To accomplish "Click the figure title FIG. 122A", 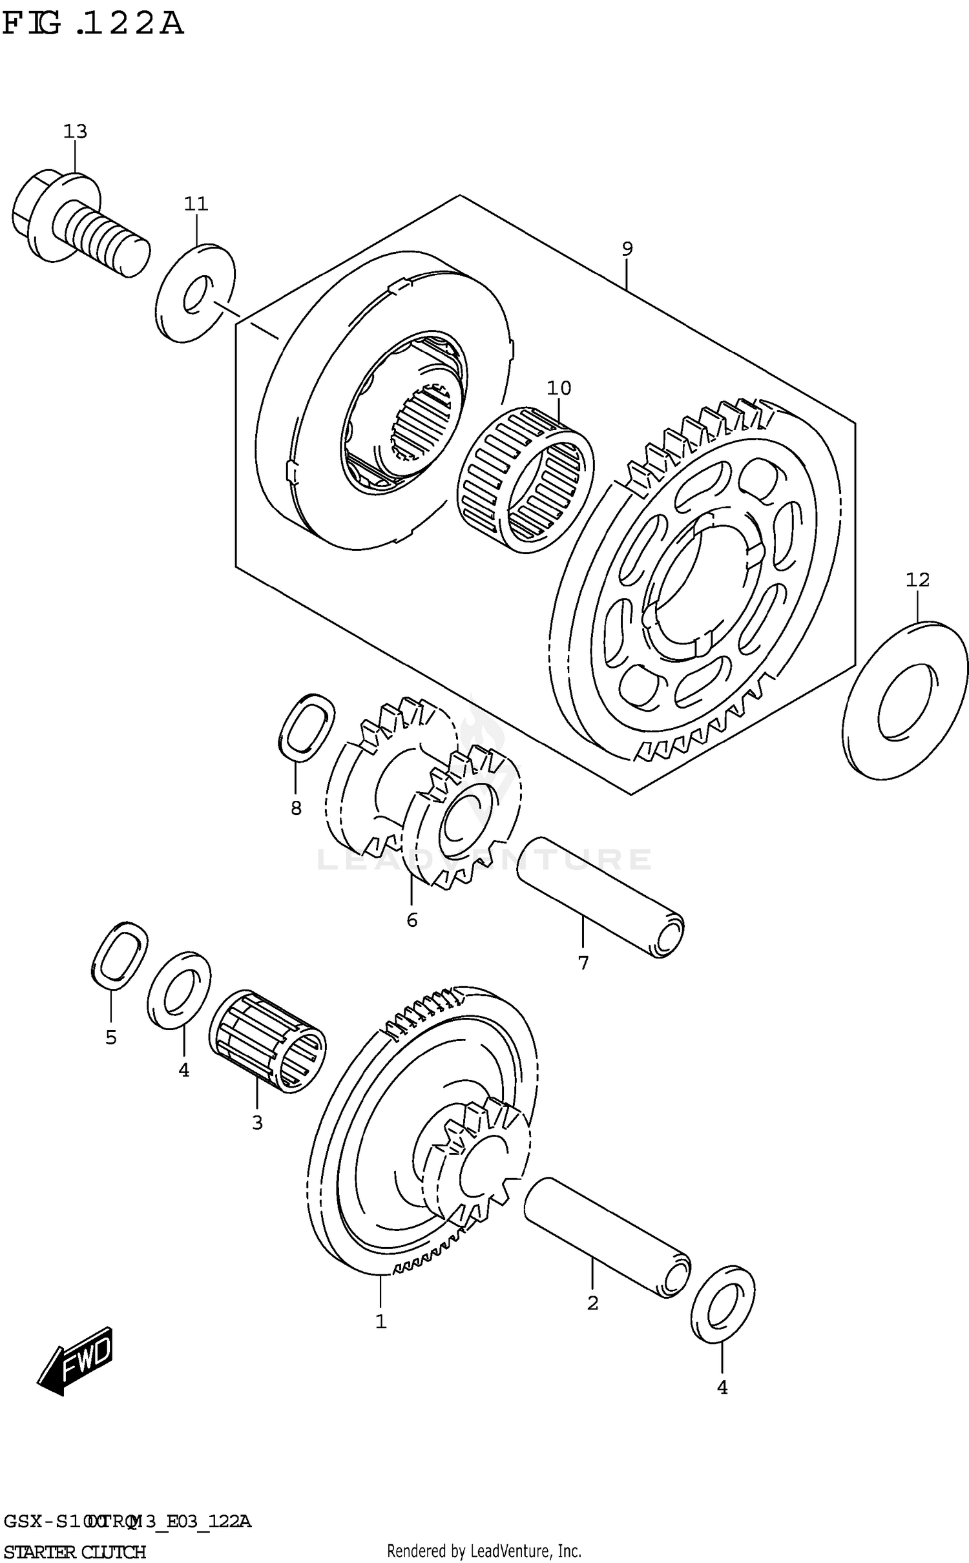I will pyautogui.click(x=92, y=25).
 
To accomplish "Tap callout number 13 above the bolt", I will pyautogui.click(x=75, y=132).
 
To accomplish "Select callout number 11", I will pyautogui.click(x=196, y=204).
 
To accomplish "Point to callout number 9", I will pyautogui.click(x=627, y=249).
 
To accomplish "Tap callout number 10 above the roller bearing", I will pyautogui.click(x=559, y=388).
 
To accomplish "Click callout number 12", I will pyautogui.click(x=917, y=580).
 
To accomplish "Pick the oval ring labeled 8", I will pyautogui.click(x=306, y=726).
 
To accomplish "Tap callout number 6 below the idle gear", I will pyautogui.click(x=412, y=919).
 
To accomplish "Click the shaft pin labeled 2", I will pyautogui.click(x=607, y=1236).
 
